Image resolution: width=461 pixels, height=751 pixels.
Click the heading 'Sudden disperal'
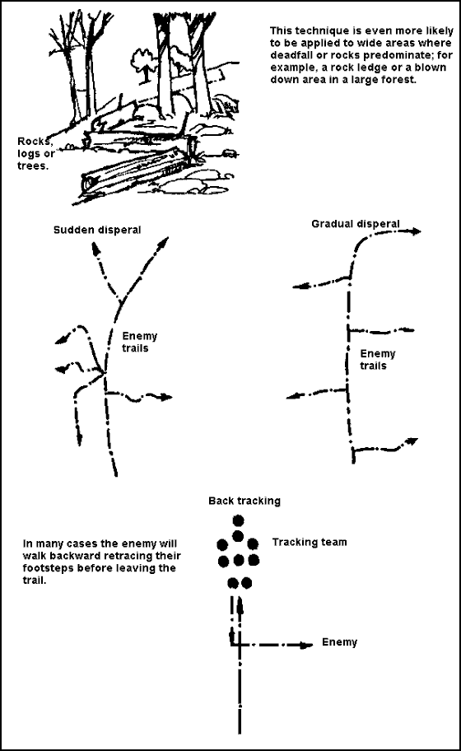(x=97, y=230)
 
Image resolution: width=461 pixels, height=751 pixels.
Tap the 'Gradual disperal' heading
(x=355, y=224)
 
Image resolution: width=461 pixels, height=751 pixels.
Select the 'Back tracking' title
(x=244, y=501)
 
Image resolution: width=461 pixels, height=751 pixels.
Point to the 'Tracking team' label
(x=310, y=542)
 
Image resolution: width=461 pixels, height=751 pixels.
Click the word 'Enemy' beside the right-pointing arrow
(x=339, y=642)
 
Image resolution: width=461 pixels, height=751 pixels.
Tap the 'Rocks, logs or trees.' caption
(x=35, y=154)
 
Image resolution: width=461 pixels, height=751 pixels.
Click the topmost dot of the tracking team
(x=238, y=520)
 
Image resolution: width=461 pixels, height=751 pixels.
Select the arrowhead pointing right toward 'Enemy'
(x=306, y=645)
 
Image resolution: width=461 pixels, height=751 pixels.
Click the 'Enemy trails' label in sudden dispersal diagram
(x=139, y=342)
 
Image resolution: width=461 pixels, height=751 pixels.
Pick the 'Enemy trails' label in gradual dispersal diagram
(x=378, y=360)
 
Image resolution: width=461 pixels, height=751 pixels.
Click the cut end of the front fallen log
(x=89, y=184)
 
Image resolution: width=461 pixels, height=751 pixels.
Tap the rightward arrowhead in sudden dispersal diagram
(x=165, y=397)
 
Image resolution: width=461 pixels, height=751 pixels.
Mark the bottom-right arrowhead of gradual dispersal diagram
(x=412, y=441)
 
